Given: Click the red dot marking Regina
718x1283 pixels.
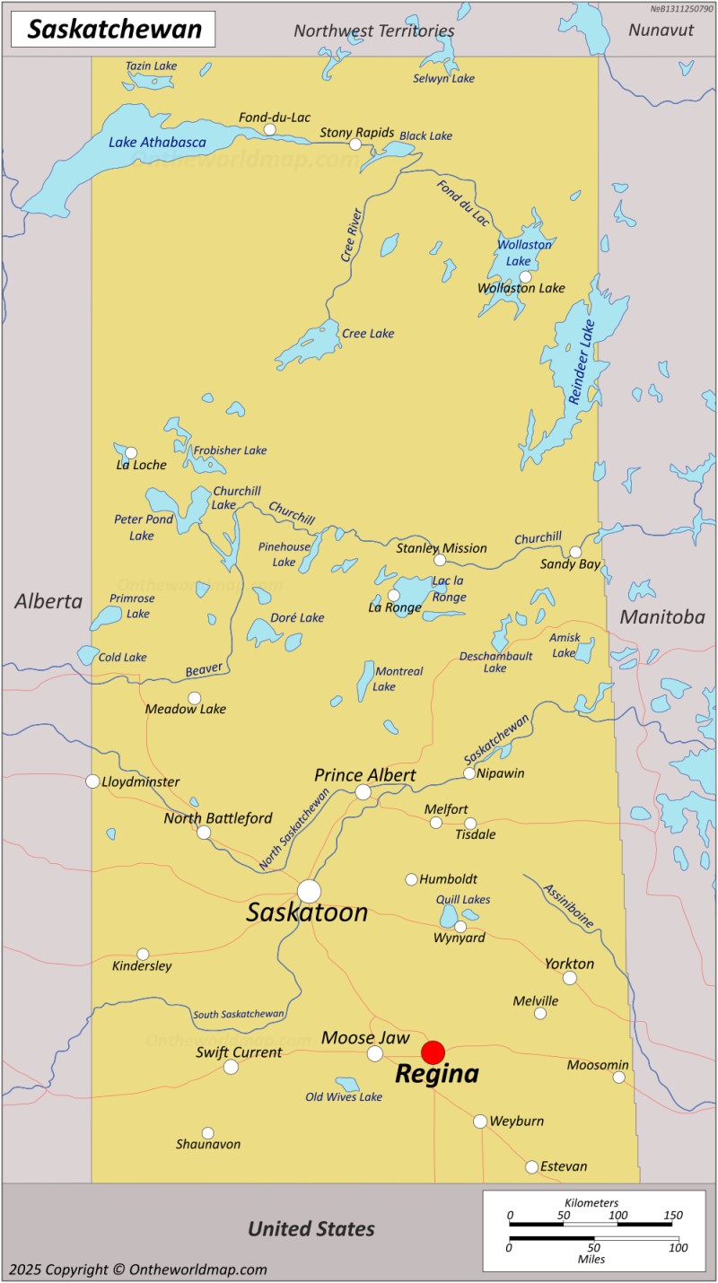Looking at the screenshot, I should (433, 1052).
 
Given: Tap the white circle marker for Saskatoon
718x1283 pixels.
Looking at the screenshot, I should (309, 891).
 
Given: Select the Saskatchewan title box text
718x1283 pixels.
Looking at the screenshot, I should (114, 30).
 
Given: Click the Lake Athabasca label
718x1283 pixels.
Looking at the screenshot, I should (157, 142).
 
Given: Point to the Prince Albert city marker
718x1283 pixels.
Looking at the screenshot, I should (363, 792).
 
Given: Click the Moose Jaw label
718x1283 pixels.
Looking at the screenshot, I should (365, 1037).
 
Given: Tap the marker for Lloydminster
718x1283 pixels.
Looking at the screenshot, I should (92, 781).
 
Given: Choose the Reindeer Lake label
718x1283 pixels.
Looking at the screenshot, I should (582, 362).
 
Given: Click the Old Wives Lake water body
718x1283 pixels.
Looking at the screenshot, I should (347, 1085).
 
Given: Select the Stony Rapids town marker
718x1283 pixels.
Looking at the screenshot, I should (355, 144).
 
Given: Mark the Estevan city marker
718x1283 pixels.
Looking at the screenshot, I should (532, 1167).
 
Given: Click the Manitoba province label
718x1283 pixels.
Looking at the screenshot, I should (661, 616).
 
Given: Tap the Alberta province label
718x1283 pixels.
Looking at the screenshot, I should (48, 601).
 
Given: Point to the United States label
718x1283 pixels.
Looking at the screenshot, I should (311, 1228).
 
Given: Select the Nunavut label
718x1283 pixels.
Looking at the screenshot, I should (661, 30).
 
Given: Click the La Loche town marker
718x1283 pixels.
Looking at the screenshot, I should (131, 453).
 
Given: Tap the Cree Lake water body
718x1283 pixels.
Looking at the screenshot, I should (310, 343).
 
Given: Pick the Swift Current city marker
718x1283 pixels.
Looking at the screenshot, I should (231, 1067).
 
